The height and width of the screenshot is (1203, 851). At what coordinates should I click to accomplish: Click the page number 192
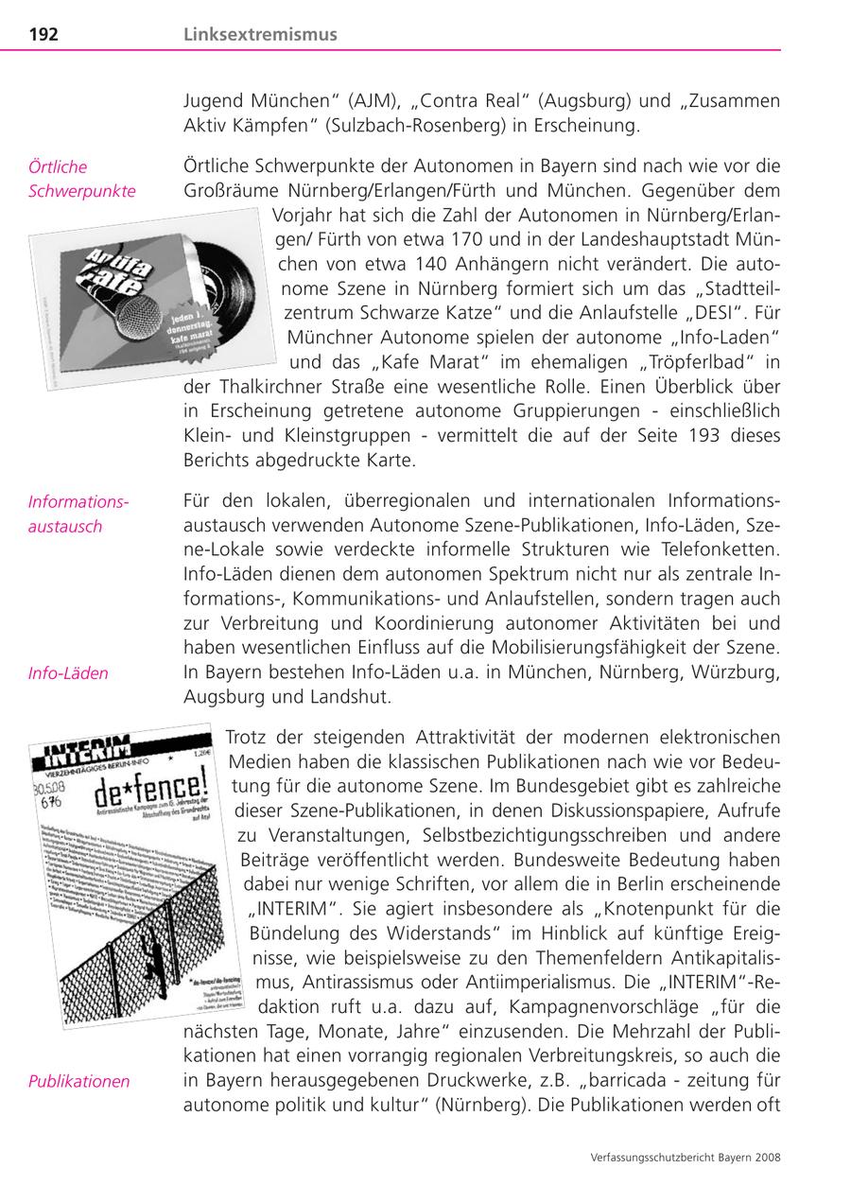[x=43, y=35]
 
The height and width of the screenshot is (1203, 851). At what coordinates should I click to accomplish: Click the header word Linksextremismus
[x=260, y=35]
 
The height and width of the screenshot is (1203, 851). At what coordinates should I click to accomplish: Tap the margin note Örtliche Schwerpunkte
[x=82, y=179]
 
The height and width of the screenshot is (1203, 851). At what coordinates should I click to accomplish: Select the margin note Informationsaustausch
[x=78, y=514]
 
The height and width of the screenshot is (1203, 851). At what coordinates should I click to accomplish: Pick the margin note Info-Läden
[x=68, y=673]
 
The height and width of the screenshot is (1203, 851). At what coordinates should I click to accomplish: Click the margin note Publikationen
[x=79, y=1081]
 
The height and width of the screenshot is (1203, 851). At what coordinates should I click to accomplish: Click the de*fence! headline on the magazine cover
[x=156, y=785]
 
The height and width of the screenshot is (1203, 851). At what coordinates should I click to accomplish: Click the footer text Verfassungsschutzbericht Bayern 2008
[x=685, y=1156]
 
